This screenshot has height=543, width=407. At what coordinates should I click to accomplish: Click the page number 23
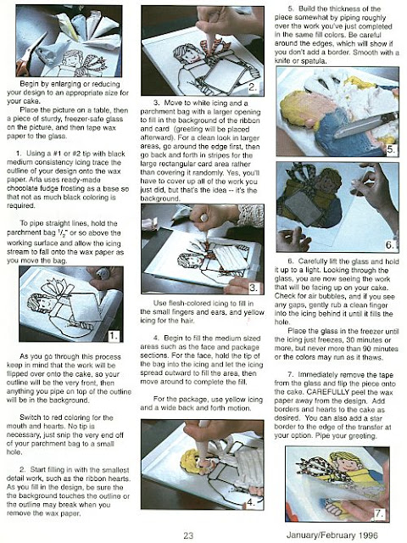click(188, 535)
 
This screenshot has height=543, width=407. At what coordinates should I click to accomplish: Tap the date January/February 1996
click(332, 535)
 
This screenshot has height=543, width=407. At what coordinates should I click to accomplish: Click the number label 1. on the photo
click(114, 335)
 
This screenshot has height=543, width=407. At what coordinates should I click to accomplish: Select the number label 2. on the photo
click(253, 87)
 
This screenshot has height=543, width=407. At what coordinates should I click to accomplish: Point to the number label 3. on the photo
click(253, 288)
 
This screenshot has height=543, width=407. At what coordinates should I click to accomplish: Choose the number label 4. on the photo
click(252, 502)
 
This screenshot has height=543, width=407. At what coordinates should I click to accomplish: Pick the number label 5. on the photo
click(390, 149)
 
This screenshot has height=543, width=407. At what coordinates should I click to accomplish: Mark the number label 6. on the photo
click(390, 245)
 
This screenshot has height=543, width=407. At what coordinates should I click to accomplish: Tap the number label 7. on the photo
click(379, 513)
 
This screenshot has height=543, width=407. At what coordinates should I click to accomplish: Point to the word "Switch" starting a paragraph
click(31, 417)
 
